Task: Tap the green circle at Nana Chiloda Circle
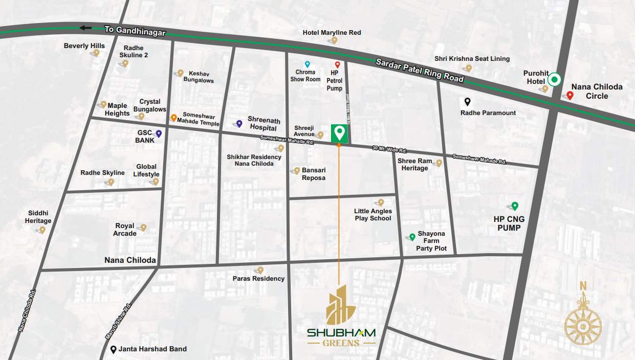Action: click(x=555, y=80)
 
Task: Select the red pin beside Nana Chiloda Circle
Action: click(x=570, y=95)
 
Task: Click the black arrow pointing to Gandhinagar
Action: click(x=85, y=28)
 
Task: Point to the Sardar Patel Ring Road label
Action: click(x=420, y=70)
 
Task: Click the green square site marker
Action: click(x=339, y=133)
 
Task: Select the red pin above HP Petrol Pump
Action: click(x=337, y=64)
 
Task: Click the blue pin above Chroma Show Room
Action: click(x=308, y=64)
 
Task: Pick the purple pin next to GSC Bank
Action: click(x=159, y=133)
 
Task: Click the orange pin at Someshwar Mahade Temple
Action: click(x=174, y=117)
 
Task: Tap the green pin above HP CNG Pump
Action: click(x=515, y=206)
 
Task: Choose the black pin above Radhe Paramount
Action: click(x=467, y=101)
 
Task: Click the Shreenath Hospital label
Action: click(x=264, y=123)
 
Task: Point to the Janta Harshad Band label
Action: click(x=152, y=349)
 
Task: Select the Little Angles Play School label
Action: click(x=373, y=215)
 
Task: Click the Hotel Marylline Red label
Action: click(x=332, y=33)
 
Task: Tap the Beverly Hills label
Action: click(x=84, y=46)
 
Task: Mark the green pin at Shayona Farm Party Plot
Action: click(x=412, y=237)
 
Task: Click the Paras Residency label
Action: click(x=258, y=279)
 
